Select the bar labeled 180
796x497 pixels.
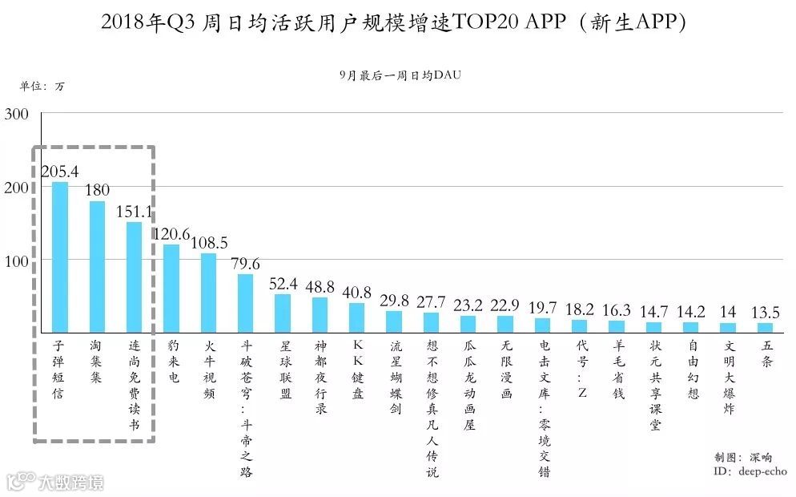point(97,266)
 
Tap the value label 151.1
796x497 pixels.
point(135,212)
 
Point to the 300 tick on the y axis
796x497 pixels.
point(17,114)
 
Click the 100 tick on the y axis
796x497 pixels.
point(17,261)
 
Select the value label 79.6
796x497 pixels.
point(245,265)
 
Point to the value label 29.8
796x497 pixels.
point(394,301)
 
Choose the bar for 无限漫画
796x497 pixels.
point(505,324)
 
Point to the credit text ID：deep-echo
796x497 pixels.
point(750,472)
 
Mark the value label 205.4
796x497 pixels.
point(60,172)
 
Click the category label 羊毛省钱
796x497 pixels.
point(617,371)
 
